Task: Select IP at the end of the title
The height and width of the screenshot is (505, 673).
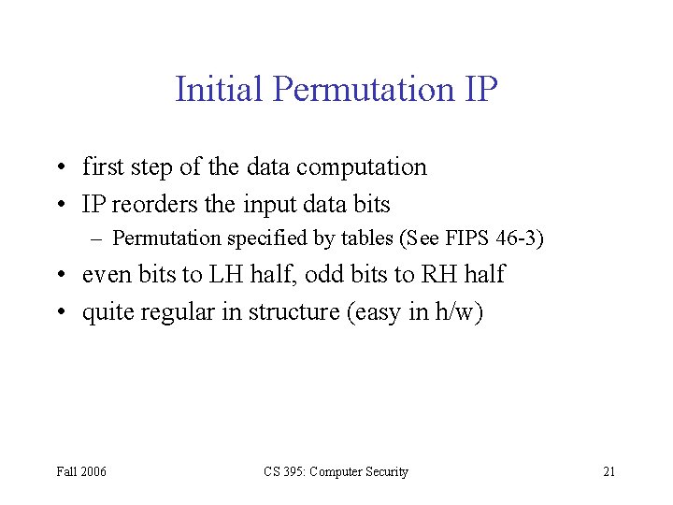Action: (480, 90)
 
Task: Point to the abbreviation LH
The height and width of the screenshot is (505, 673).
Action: (213, 274)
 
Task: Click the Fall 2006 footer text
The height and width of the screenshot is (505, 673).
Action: (80, 471)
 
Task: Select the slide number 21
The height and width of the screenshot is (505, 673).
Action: (609, 471)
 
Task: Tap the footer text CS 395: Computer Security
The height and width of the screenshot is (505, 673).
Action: (336, 471)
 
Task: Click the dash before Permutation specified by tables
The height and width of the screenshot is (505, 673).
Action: (95, 238)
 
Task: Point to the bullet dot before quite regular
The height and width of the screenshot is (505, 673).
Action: (60, 311)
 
